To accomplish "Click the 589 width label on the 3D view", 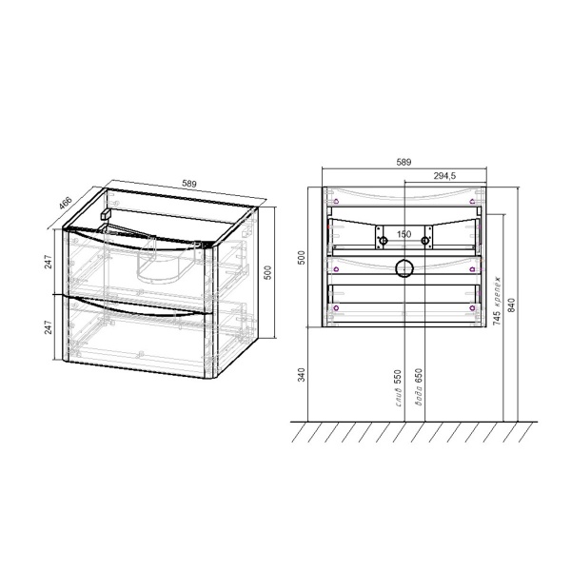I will point(189,185).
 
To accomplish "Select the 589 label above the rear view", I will point(403,164).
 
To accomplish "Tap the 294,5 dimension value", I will point(447,176).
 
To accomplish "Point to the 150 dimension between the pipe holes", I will point(403,233).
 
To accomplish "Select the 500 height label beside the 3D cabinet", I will point(269,273).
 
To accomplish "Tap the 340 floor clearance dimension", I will point(302,374).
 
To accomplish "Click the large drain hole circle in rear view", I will point(403,268).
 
